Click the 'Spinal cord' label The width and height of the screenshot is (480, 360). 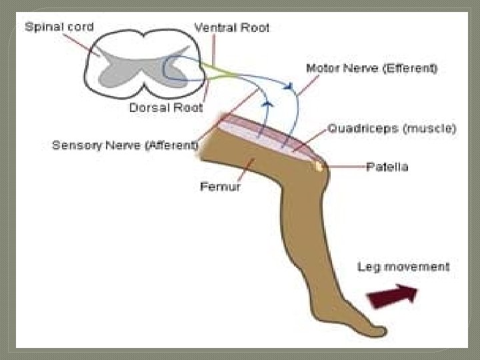coord(59,27)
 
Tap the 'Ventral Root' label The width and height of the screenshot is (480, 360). coord(231,28)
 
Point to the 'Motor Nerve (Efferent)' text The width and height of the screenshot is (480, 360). coord(371,69)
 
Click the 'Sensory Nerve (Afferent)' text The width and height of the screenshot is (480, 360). coord(125,145)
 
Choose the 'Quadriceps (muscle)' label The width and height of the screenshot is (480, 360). coord(391,129)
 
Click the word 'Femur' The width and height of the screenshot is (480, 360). coord(221,187)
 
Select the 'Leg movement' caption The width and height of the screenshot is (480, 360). coord(403,267)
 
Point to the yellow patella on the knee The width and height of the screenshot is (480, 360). coord(321,167)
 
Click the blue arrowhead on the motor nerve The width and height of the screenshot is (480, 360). coord(289,85)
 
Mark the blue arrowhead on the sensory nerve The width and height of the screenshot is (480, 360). coord(267,104)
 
